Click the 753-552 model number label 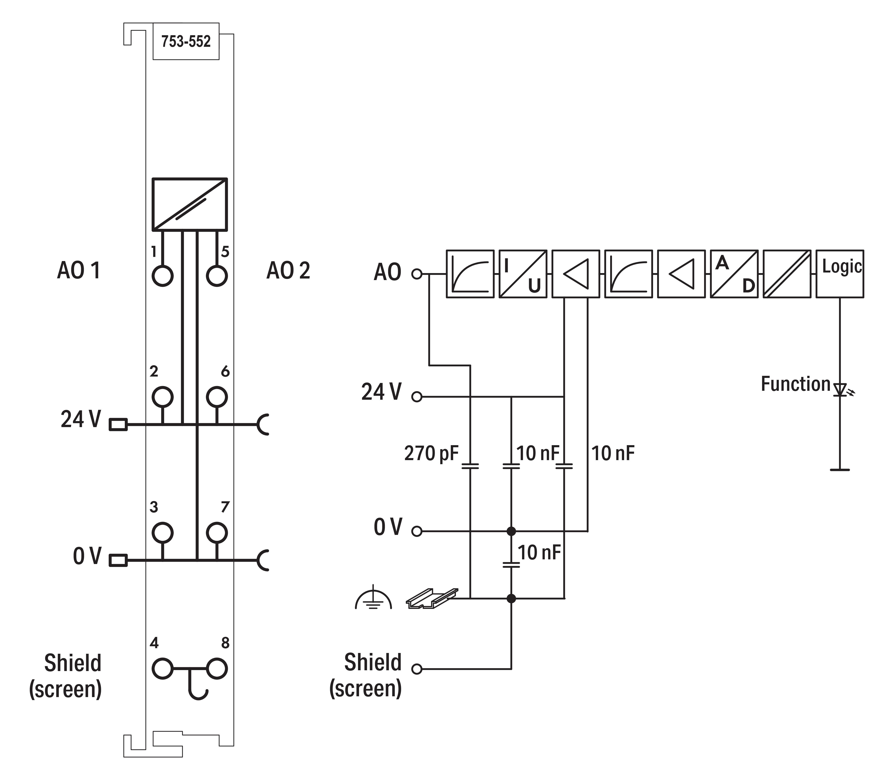click(x=186, y=42)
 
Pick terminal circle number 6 click(x=217, y=397)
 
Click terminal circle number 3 click(x=162, y=533)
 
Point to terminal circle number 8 click(x=217, y=669)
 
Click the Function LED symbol click(x=840, y=389)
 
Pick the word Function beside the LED click(x=795, y=384)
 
